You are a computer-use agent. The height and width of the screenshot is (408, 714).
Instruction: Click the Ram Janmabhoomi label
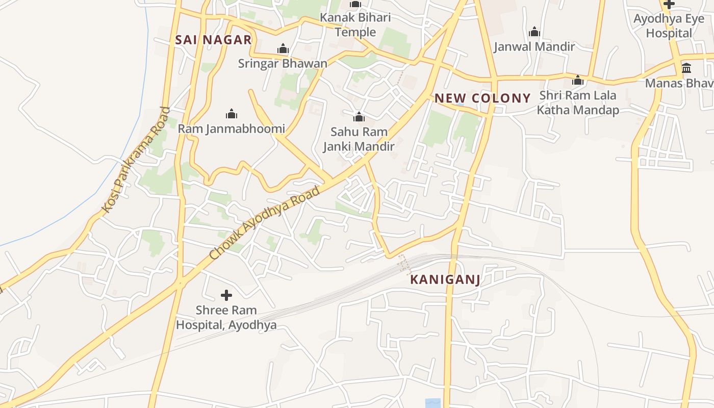pyautogui.click(x=231, y=129)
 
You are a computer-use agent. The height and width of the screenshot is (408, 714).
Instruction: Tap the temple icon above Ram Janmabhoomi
pyautogui.click(x=232, y=114)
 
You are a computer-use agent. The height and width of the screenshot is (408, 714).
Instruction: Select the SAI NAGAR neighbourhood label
pyautogui.click(x=213, y=40)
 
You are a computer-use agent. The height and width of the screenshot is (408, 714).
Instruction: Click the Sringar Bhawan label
pyautogui.click(x=283, y=64)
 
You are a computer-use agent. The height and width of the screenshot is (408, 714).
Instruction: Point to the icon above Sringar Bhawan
pyautogui.click(x=283, y=49)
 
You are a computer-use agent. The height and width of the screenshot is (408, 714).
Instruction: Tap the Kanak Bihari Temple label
pyautogui.click(x=355, y=25)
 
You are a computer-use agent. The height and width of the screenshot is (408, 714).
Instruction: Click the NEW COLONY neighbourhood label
pyautogui.click(x=482, y=98)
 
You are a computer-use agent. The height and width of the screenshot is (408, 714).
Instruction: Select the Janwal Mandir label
pyautogui.click(x=534, y=47)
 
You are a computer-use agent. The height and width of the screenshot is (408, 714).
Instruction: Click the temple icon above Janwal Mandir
pyautogui.click(x=534, y=32)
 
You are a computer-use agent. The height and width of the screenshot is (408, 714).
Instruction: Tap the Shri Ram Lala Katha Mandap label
pyautogui.click(x=578, y=103)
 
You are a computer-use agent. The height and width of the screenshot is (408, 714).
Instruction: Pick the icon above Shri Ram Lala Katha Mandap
pyautogui.click(x=578, y=80)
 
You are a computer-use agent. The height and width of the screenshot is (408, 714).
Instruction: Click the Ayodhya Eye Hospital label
pyautogui.click(x=668, y=26)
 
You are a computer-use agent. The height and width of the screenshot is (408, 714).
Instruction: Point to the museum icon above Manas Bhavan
pyautogui.click(x=686, y=68)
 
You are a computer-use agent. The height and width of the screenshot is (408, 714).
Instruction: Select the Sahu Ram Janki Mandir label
pyautogui.click(x=359, y=139)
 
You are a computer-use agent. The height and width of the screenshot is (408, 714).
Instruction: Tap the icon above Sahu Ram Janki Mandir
pyautogui.click(x=359, y=117)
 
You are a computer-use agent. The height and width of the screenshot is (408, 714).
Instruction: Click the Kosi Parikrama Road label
pyautogui.click(x=136, y=160)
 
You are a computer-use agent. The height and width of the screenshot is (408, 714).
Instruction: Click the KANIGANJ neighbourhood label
pyautogui.click(x=445, y=279)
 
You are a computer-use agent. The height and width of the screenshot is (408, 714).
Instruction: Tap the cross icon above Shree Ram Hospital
pyautogui.click(x=226, y=295)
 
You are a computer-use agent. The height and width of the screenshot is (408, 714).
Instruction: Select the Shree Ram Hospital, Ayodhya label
pyautogui.click(x=226, y=317)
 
